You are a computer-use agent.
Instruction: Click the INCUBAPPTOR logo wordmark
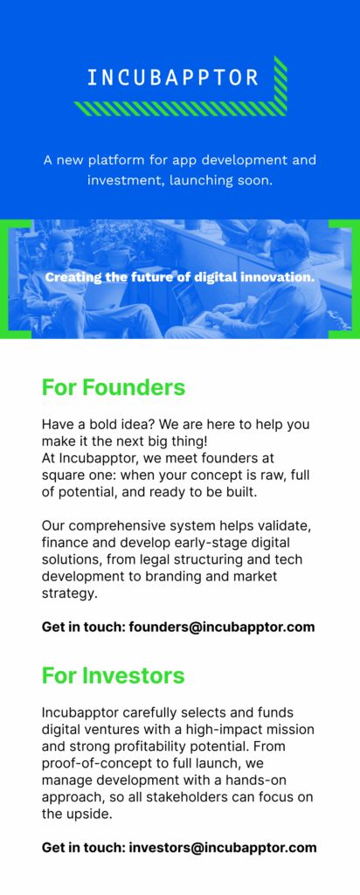pos(173,78)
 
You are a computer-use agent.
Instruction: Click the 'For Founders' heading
pos(114,387)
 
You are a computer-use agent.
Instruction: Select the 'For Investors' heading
pos(113,676)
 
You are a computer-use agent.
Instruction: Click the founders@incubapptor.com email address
pos(222,628)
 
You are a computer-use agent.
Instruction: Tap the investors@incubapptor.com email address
pos(223,848)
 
